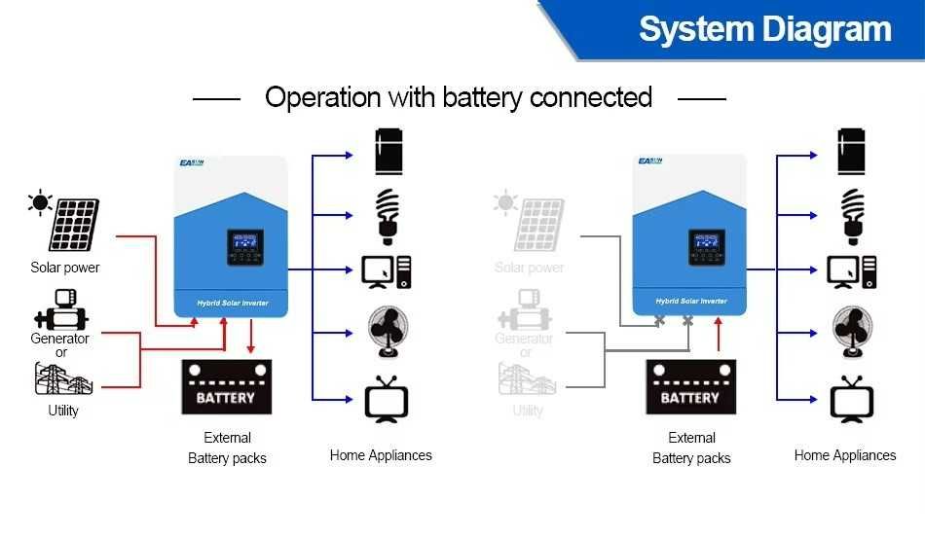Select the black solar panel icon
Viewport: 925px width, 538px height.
click(x=74, y=225)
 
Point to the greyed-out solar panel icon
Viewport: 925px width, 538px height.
click(x=538, y=225)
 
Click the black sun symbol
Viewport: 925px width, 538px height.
click(x=40, y=202)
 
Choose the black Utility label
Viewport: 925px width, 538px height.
click(x=63, y=411)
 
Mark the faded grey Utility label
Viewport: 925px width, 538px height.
click(x=528, y=411)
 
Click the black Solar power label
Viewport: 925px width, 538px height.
click(x=65, y=268)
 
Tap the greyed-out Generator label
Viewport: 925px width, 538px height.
click(x=524, y=339)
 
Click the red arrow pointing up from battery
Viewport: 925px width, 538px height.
click(x=718, y=336)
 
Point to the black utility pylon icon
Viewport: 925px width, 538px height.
click(x=61, y=379)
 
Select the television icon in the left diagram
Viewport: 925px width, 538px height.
click(x=386, y=400)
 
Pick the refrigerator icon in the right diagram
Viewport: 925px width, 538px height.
click(x=852, y=152)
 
